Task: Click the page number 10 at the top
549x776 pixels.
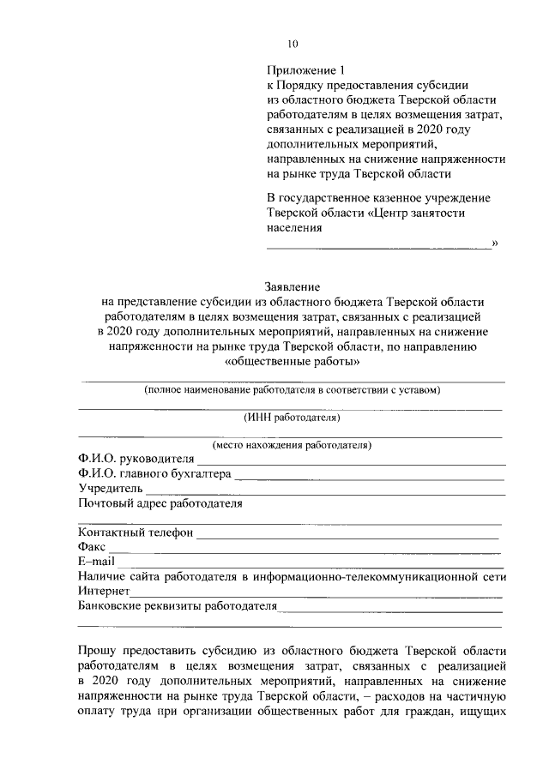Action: pos(293,44)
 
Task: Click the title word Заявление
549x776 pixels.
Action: pos(291,287)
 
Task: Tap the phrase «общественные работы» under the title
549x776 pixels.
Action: pos(291,363)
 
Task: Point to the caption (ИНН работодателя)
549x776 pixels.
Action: pos(292,418)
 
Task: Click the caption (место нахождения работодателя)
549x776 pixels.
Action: pos(292,446)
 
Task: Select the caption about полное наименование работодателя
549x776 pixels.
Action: pos(292,389)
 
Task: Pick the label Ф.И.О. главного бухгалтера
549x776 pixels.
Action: pos(154,474)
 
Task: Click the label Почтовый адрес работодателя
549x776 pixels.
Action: pos(160,503)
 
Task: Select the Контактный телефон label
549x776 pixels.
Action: pos(135,532)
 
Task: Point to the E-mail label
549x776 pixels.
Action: pos(95,562)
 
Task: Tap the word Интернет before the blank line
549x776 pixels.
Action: pos(103,592)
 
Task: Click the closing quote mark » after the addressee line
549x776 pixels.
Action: pos(494,244)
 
